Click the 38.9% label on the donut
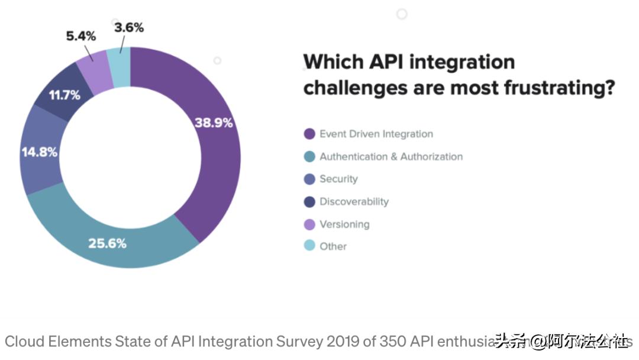[214, 123]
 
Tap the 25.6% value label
[107, 243]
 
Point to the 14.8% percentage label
[40, 152]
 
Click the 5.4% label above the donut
[80, 36]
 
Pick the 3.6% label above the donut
[129, 27]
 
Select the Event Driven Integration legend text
[376, 134]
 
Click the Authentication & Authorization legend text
[391, 156]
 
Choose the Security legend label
[338, 179]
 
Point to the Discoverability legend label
[354, 201]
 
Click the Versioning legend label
[344, 224]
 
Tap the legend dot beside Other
[309, 246]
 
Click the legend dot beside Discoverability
[309, 201]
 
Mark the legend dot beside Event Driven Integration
[309, 134]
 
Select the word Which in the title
[333, 62]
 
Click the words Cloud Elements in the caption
[58, 342]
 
